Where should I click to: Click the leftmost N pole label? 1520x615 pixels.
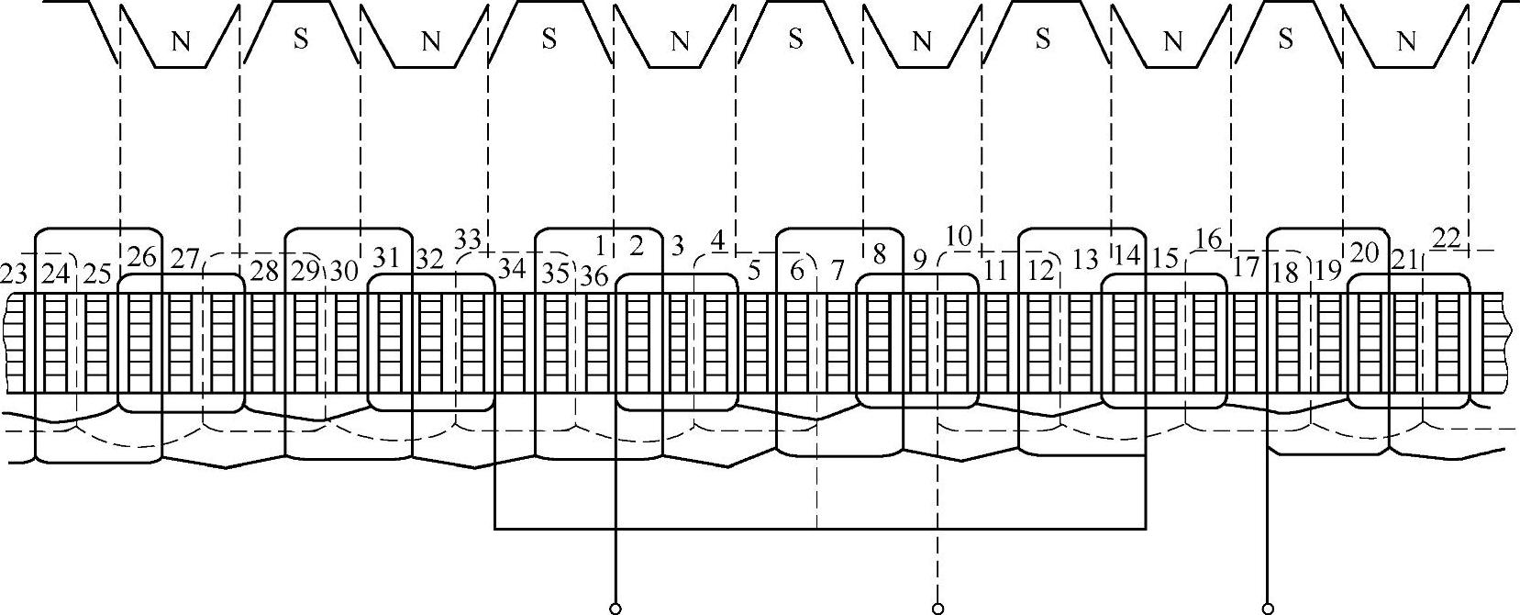tap(182, 41)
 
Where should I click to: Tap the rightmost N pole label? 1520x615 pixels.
tap(1405, 41)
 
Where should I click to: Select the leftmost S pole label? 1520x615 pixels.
tap(300, 39)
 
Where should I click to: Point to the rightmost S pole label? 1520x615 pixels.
tap(1286, 39)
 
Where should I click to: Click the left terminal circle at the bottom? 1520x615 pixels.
tap(616, 608)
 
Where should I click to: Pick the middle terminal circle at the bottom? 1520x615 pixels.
tap(938, 608)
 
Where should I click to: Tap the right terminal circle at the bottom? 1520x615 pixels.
tap(1268, 608)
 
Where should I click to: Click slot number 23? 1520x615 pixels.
tap(15, 274)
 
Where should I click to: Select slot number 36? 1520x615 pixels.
tap(594, 275)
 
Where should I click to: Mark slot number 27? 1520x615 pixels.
tap(185, 260)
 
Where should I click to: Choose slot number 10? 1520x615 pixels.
tap(958, 237)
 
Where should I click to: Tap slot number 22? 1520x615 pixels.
tap(1446, 239)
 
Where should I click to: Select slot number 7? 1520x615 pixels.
tap(836, 272)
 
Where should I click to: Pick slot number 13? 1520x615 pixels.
tap(1085, 261)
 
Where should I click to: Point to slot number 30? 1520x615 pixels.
tap(343, 272)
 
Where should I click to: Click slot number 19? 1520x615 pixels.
tap(1326, 272)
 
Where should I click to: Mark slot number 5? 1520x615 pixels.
tap(754, 272)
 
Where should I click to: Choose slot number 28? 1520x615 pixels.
tap(264, 272)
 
